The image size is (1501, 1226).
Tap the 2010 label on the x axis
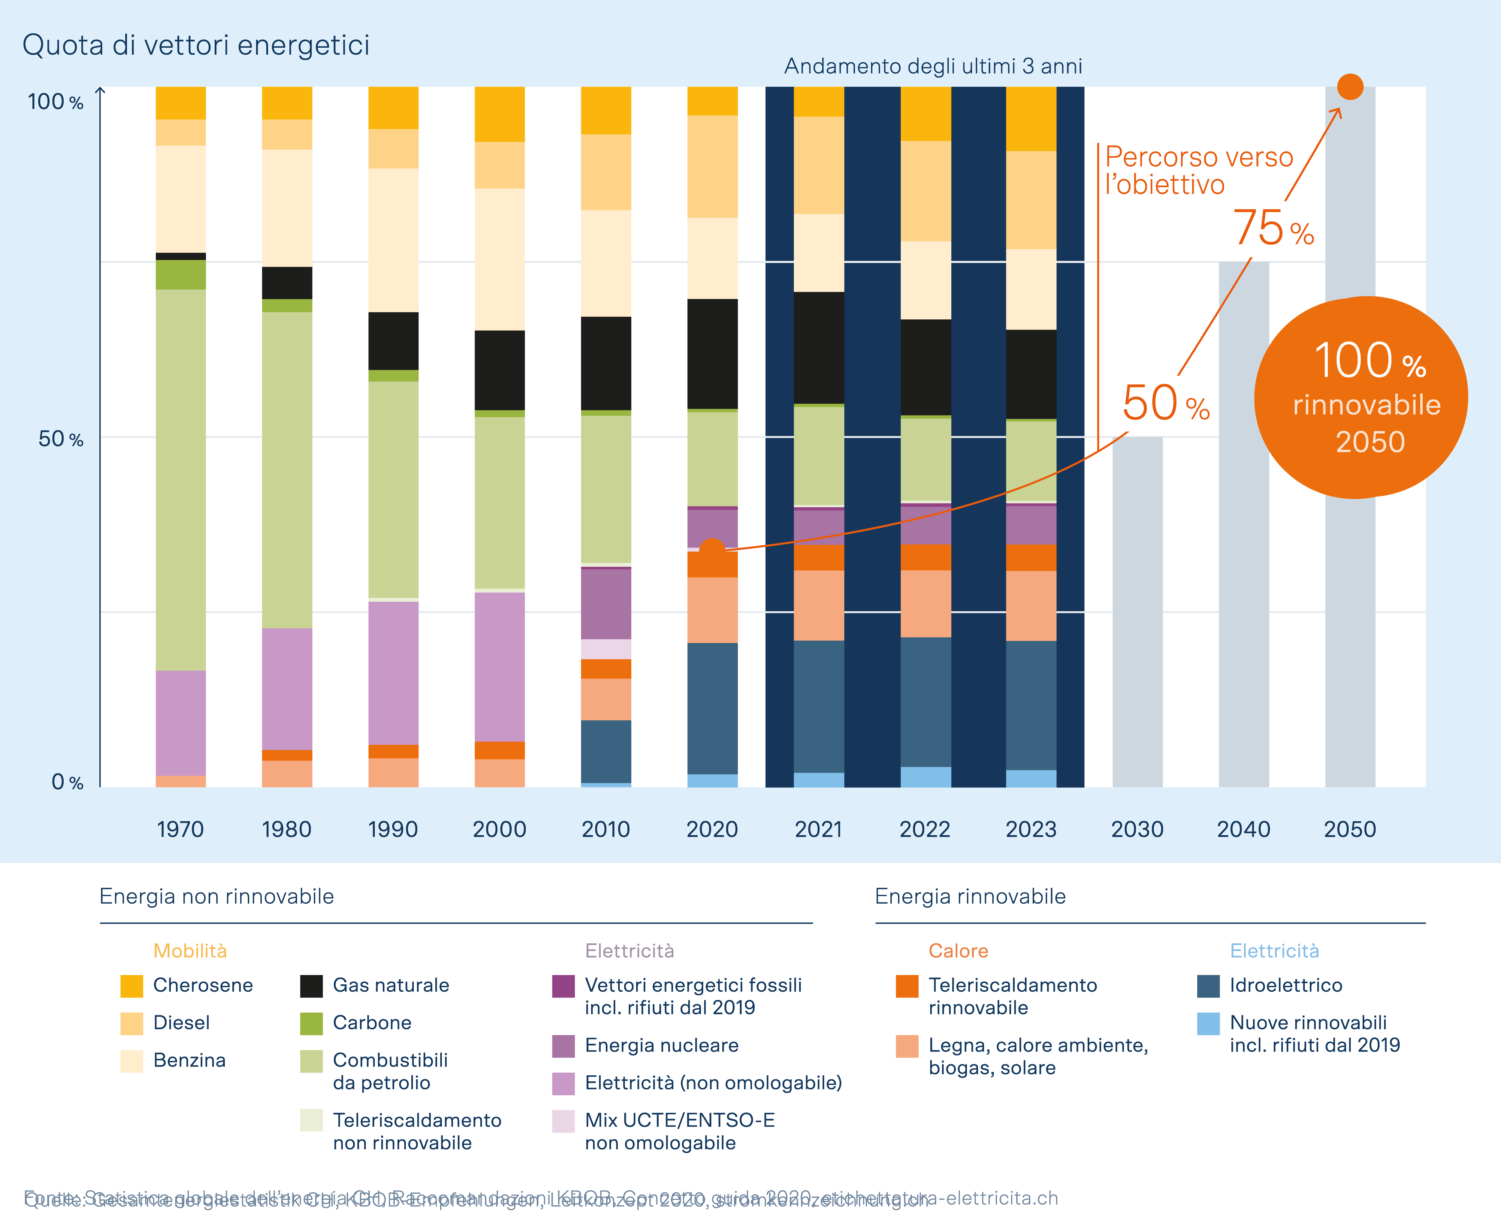click(605, 829)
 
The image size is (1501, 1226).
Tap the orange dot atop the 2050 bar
click(1350, 87)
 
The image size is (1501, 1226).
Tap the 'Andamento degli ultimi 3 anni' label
click(932, 66)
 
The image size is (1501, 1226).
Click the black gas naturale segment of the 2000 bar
click(500, 370)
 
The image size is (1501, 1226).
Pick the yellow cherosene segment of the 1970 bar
click(181, 103)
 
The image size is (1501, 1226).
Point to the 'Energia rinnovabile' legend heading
click(970, 896)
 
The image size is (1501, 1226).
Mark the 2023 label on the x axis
click(1031, 829)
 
